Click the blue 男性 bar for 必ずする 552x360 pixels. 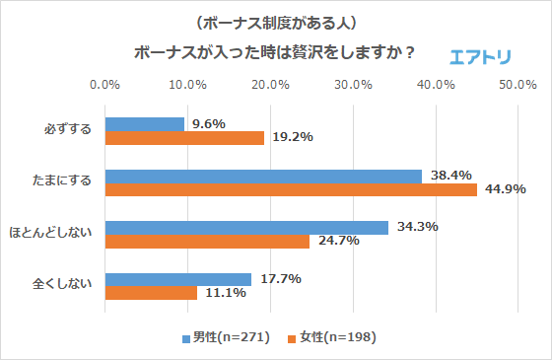[144, 124]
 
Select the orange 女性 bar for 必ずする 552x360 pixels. [184, 138]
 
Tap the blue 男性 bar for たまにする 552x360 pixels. [263, 176]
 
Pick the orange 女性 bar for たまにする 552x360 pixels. [291, 189]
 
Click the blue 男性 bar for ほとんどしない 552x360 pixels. [246, 228]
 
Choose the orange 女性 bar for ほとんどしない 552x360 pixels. [207, 242]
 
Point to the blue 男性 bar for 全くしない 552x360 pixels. [178, 279]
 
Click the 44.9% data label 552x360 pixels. [504, 189]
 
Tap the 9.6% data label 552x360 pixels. [209, 124]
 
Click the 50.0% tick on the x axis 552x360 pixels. [517, 85]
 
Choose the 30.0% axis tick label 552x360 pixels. [352, 85]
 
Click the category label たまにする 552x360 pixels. [62, 182]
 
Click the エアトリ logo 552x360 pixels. [480, 56]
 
